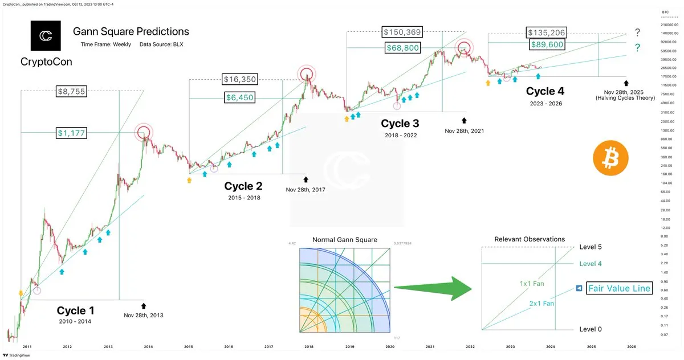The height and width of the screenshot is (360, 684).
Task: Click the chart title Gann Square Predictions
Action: (131, 31)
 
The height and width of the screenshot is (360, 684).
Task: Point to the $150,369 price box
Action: (402, 32)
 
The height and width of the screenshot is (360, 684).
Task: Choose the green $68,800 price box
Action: (403, 48)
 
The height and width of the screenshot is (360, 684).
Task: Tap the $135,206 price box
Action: (547, 32)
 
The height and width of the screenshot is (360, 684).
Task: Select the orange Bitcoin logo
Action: (610, 159)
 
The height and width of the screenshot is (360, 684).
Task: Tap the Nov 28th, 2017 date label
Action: (305, 190)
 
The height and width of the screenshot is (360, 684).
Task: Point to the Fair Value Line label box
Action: (619, 289)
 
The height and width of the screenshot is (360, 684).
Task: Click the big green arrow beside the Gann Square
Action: (433, 288)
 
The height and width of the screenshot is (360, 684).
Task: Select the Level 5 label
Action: (591, 247)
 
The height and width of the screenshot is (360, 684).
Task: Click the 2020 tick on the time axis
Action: (390, 346)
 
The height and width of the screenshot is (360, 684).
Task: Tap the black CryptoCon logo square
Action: (46, 36)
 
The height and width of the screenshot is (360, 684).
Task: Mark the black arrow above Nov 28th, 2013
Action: (143, 306)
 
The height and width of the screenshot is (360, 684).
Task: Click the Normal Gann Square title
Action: (344, 240)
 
